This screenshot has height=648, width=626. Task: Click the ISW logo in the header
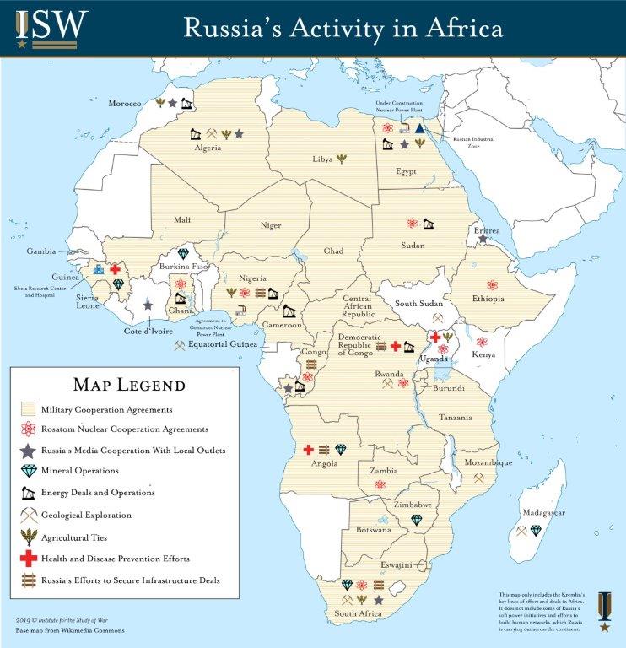pos(48,27)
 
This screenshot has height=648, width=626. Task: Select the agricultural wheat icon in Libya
pos(342,158)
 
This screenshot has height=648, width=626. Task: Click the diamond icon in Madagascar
pos(536,531)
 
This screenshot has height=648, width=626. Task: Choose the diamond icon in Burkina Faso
pos(183,254)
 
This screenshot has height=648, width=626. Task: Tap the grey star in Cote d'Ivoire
pos(148,305)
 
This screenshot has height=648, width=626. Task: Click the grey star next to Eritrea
pos(483,240)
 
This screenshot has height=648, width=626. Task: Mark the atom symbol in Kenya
pos(482,342)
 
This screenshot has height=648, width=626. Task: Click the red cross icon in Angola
pos(309,450)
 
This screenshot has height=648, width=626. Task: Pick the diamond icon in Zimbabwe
pos(416,519)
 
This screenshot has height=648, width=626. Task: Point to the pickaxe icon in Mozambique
pos(478,478)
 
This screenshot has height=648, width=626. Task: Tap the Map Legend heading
pos(129,386)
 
